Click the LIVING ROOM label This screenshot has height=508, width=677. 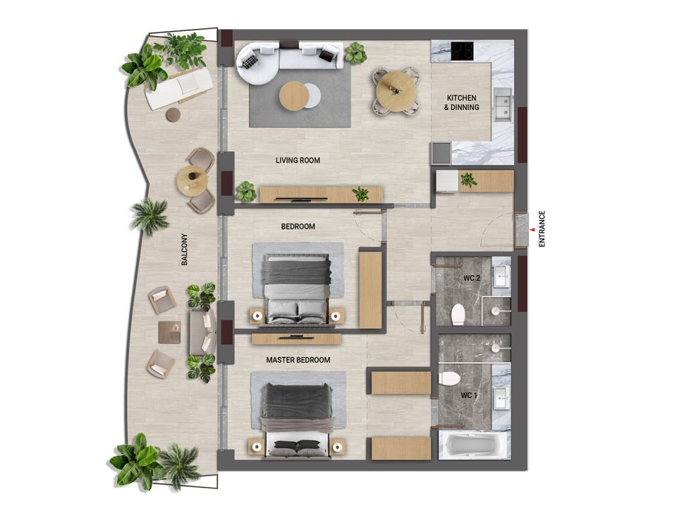click(298, 160)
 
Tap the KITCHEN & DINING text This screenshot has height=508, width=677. click(461, 102)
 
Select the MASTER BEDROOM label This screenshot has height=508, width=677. click(298, 360)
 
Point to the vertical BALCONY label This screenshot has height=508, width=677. click(184, 249)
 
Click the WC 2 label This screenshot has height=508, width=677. click(472, 278)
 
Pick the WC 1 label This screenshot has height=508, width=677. click(469, 395)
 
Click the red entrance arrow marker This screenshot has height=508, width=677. click(532, 229)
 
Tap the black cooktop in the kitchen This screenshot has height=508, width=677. click(463, 51)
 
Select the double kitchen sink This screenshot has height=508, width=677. click(503, 104)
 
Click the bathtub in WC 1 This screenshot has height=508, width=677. click(474, 445)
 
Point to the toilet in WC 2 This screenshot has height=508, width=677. click(458, 314)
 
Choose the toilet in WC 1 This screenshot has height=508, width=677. click(449, 378)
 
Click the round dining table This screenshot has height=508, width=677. click(396, 92)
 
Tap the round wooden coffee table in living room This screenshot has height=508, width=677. click(293, 95)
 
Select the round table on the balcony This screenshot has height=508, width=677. click(193, 181)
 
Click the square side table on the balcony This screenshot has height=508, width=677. click(169, 332)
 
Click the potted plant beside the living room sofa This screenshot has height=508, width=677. click(355, 53)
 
